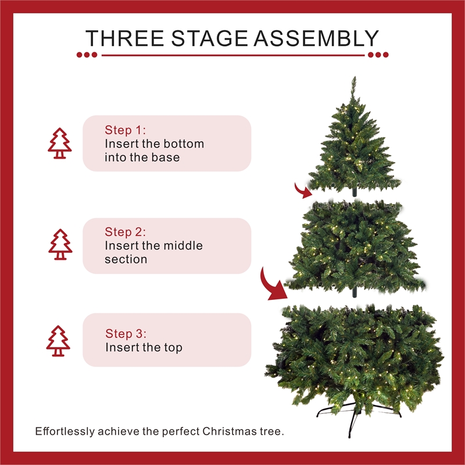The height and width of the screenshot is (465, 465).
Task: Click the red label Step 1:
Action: tap(126, 130)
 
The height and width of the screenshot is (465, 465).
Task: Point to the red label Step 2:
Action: tap(126, 232)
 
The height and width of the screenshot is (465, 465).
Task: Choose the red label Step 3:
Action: tap(126, 334)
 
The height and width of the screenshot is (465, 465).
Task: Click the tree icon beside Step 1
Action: tap(59, 144)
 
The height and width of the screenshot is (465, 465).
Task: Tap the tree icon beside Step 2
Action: tap(60, 245)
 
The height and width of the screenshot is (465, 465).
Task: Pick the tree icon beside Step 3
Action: tap(58, 341)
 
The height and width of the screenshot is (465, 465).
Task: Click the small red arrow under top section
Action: tap(302, 189)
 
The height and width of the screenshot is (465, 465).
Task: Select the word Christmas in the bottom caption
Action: tap(228, 432)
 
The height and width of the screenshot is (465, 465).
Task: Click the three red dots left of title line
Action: tap(87, 55)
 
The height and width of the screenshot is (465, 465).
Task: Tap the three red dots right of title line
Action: tap(378, 55)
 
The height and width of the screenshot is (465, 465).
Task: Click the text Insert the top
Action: tap(144, 348)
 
